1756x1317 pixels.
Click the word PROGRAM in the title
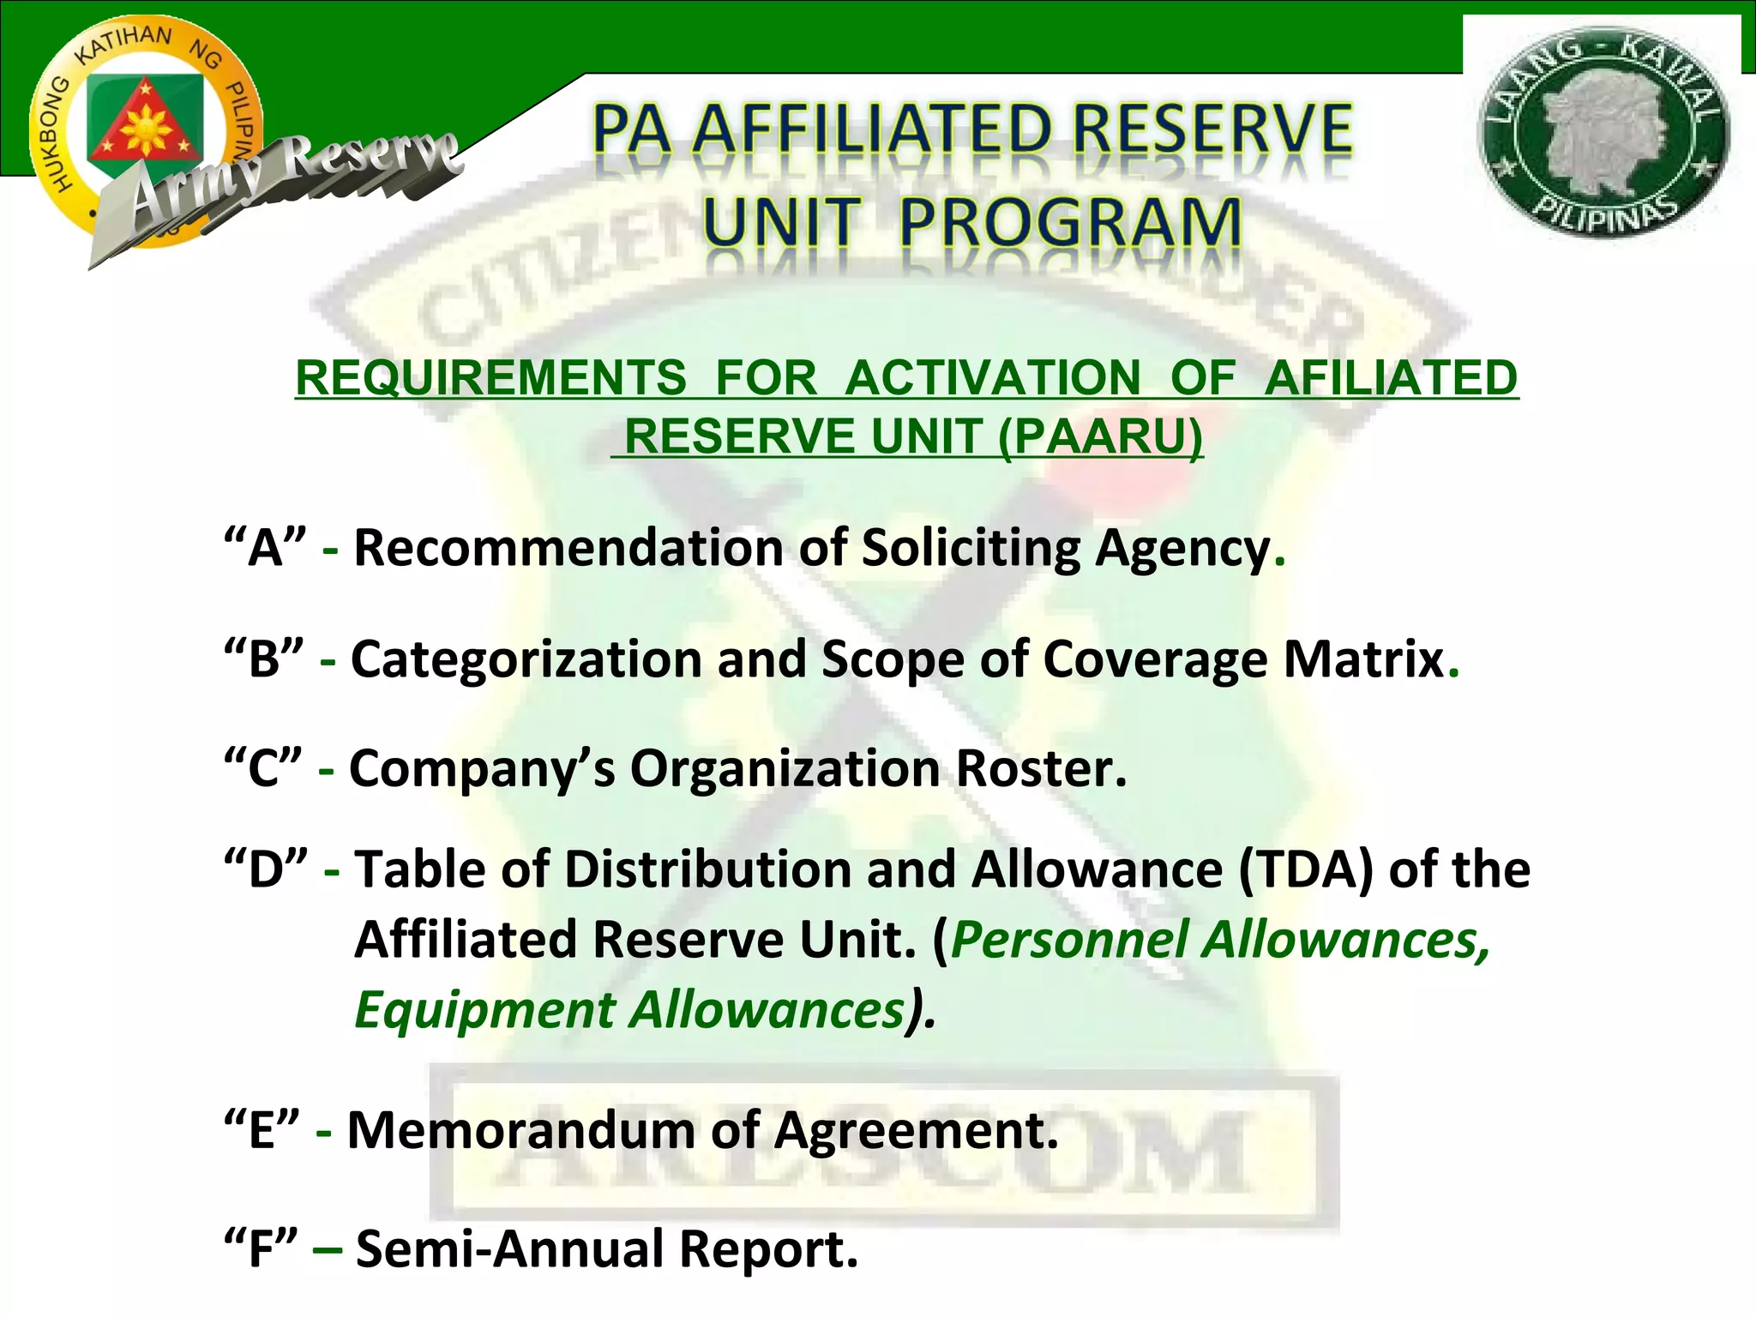[1069, 223]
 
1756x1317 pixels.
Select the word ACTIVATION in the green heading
[993, 378]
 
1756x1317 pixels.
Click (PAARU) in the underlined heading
[1100, 436]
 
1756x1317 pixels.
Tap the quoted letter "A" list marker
[264, 547]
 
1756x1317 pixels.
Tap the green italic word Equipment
[484, 1010]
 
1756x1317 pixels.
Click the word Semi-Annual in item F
[510, 1249]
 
